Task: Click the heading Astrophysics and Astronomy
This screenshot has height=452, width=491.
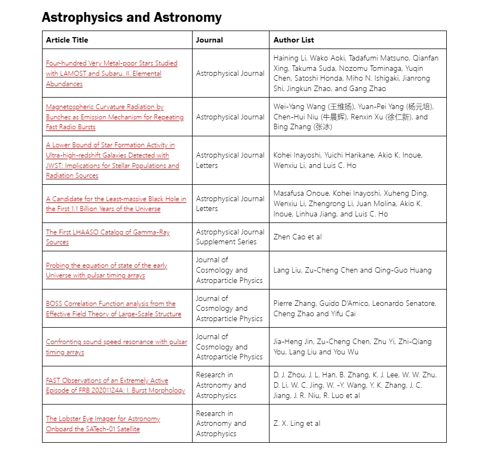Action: [131, 17]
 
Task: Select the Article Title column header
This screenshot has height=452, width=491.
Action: [67, 40]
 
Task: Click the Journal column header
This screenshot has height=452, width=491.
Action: [209, 40]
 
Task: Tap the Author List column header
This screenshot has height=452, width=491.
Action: [294, 40]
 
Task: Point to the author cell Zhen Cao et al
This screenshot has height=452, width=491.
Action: [297, 237]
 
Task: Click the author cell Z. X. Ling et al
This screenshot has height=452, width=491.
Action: [297, 424]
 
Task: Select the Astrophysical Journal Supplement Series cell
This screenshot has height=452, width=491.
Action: [230, 237]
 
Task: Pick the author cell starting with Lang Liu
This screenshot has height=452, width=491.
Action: [352, 270]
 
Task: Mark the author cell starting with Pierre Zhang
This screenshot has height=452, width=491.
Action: [355, 309]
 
